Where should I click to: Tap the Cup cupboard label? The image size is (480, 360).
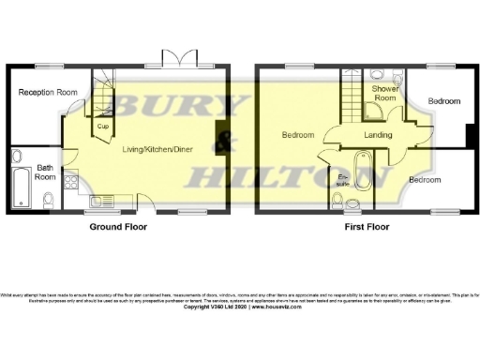(100, 125)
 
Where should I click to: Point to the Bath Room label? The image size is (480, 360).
(45, 172)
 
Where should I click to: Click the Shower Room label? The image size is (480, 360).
(384, 93)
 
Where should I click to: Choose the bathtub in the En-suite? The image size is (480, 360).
(366, 177)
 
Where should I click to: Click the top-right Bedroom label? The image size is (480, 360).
(445, 100)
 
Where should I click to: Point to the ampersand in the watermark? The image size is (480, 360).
(224, 142)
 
